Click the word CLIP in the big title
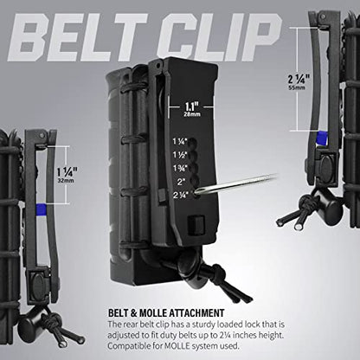point(220,37)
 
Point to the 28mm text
point(192,114)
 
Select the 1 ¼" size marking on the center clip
point(180,141)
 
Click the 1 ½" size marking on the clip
point(180,155)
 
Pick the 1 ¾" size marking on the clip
point(180,168)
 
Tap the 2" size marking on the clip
point(182,182)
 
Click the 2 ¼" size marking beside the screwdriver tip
point(181,195)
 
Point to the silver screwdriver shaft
point(237,183)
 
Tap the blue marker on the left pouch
point(42,208)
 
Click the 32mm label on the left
point(66,181)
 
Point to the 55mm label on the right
point(297,87)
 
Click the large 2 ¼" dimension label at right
point(299,79)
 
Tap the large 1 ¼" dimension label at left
point(67,172)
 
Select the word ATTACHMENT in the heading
point(196,313)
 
